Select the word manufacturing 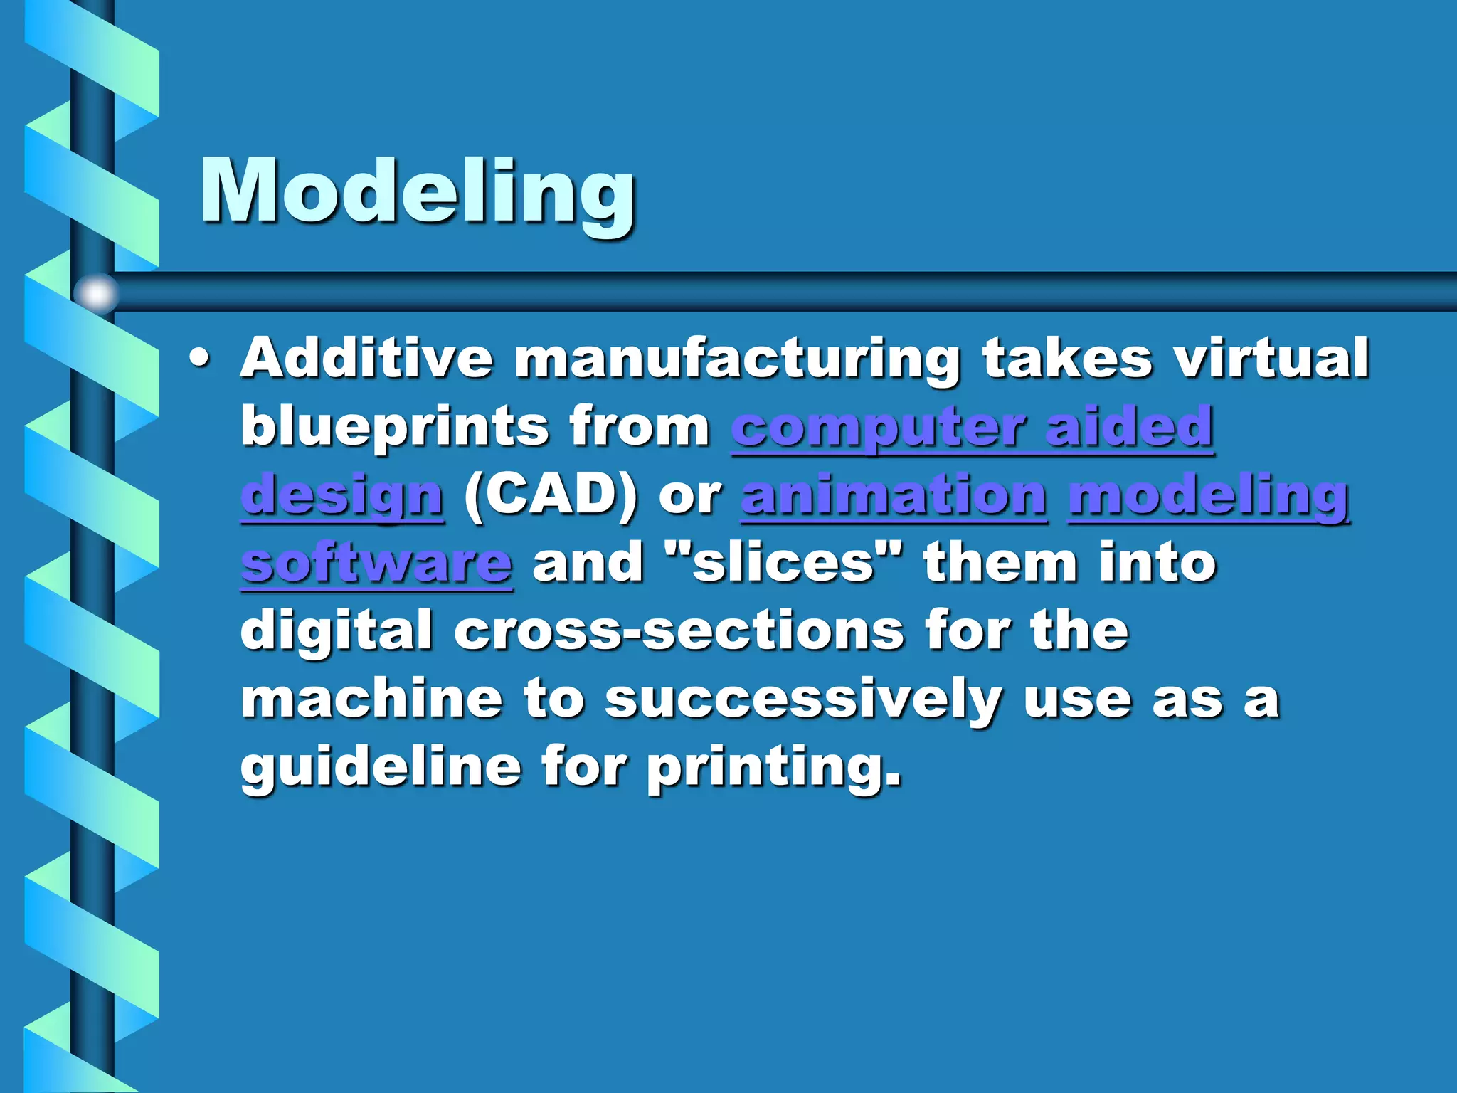(737, 359)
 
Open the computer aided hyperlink (972, 426)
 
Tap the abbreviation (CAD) (551, 495)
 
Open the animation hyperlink (894, 495)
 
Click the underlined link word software (376, 562)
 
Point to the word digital (337, 630)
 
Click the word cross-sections (679, 630)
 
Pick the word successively (803, 699)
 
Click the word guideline (381, 767)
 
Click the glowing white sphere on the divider (97, 292)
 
